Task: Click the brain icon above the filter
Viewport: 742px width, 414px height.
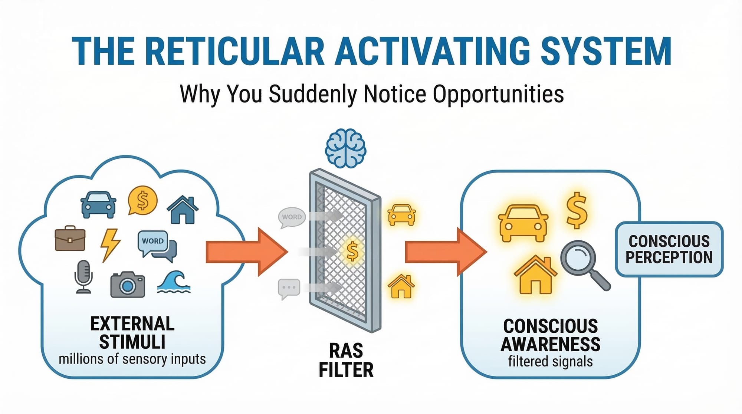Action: [345, 148]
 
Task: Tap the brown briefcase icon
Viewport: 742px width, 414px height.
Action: [70, 238]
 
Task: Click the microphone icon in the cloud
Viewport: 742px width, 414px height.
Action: [83, 277]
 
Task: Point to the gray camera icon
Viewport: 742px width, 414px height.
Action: [128, 285]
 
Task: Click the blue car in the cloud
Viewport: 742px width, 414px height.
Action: [98, 204]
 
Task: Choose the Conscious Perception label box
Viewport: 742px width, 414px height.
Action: [669, 249]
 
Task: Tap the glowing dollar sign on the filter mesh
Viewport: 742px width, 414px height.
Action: [352, 251]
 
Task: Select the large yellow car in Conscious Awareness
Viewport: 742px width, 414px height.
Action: [523, 224]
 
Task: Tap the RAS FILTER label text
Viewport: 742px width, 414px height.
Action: [346, 360]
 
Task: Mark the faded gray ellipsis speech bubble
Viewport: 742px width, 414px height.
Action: [289, 288]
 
